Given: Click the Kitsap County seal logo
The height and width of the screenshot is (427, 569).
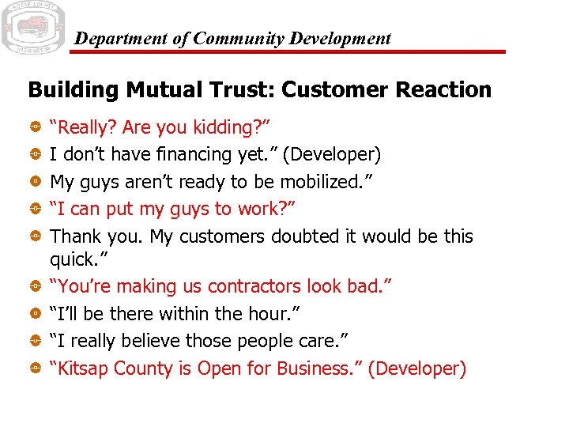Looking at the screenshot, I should point(33,28).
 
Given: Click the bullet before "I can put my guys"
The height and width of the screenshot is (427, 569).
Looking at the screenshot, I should point(36,210).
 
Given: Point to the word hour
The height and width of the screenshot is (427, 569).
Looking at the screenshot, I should point(271,313).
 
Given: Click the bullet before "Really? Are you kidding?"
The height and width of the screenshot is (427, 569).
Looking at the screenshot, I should point(36,127).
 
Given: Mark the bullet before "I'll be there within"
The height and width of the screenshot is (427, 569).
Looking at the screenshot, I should point(36,314).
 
